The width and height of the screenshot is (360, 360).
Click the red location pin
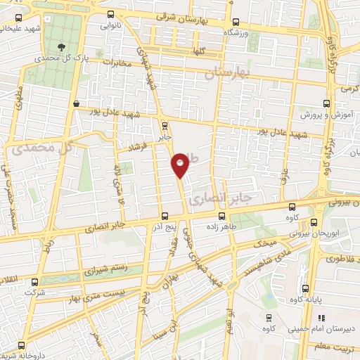pyautogui.click(x=181, y=165)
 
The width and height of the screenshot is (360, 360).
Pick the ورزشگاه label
pyautogui.click(x=236, y=33)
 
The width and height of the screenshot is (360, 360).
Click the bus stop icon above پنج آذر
pyautogui.click(x=164, y=216)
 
